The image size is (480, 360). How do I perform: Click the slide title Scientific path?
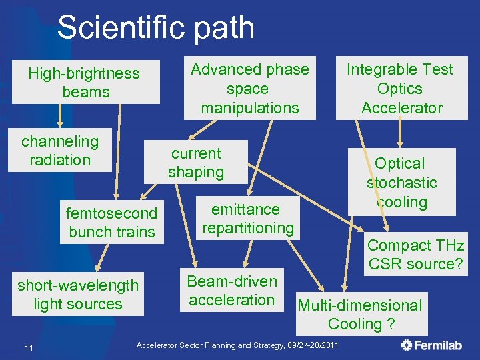pos(155,28)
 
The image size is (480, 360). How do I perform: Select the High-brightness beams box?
pos(85,83)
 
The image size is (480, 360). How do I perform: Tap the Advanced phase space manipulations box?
pos(249,88)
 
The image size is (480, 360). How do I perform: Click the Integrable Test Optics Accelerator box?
pos(401,88)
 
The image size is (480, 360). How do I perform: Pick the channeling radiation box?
pos(60,151)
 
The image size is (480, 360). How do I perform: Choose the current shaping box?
pos(195,162)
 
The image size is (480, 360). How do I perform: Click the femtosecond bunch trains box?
pos(111,223)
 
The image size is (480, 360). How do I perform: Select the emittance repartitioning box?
pos(247,219)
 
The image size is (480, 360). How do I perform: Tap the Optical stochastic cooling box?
pos(401,182)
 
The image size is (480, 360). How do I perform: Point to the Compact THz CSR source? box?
pos(415,254)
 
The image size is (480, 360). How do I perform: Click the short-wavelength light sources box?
pos(78,295)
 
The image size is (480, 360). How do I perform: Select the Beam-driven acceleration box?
pos(231,291)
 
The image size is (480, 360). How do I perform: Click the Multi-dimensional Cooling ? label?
pos(360,315)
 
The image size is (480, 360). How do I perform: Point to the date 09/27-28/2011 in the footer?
pos(307,345)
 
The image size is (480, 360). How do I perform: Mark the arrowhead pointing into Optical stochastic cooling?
pos(401,143)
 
